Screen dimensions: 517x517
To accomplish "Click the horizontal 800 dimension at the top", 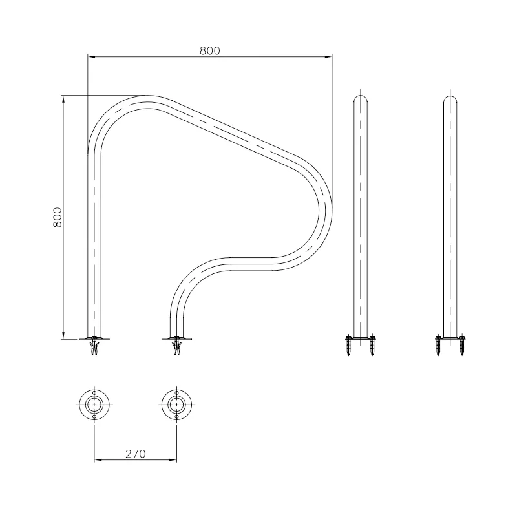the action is click(x=209, y=50).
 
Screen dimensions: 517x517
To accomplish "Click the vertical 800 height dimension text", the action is click(x=58, y=217).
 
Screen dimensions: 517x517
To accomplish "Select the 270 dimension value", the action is click(x=136, y=454).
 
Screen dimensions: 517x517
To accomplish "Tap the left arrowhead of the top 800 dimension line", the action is click(x=92, y=57).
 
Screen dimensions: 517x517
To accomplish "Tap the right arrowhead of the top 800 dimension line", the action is click(x=328, y=57).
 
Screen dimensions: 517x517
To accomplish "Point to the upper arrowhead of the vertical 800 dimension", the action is click(x=63, y=100).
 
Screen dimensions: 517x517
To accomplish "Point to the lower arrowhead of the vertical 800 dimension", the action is click(x=63, y=335).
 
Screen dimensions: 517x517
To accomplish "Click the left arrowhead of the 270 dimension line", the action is click(x=98, y=459).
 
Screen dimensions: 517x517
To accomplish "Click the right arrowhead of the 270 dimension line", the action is click(x=173, y=459).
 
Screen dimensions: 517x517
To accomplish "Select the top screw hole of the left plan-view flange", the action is click(x=94, y=393).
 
